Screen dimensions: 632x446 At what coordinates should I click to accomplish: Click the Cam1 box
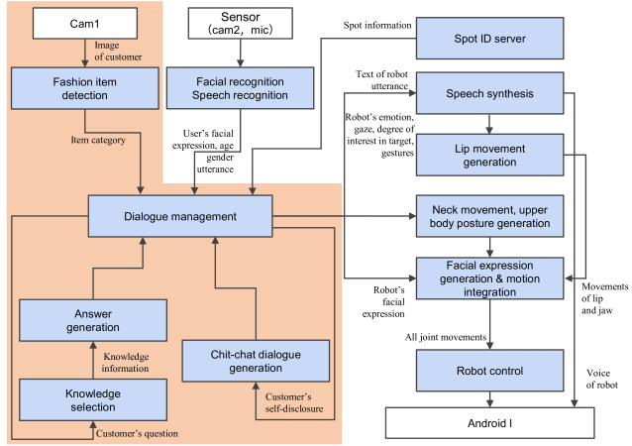point(84,24)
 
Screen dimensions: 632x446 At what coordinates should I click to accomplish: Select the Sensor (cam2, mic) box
point(241,24)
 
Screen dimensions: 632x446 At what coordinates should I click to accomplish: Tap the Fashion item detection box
point(84,88)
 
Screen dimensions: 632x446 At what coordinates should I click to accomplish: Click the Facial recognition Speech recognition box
point(241,88)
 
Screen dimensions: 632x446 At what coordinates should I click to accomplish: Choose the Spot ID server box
point(489,39)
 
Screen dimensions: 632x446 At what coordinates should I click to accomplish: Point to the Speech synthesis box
point(489,93)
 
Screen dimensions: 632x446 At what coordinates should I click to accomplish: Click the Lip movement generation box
point(489,156)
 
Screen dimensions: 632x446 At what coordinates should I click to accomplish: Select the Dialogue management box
point(180,216)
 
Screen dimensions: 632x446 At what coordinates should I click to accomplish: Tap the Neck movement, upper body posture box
point(489,216)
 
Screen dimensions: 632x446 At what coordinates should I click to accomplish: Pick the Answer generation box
point(93,320)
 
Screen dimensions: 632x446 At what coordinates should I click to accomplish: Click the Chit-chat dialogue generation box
point(256,361)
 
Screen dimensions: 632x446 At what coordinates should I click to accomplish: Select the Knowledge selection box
point(93,400)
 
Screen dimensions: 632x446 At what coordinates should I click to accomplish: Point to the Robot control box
point(489,371)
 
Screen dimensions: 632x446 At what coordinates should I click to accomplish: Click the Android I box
point(489,423)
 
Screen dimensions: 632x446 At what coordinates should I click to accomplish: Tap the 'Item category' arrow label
point(98,140)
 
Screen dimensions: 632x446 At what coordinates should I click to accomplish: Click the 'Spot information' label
point(377,25)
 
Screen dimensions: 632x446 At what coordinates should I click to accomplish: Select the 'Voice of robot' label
point(601,379)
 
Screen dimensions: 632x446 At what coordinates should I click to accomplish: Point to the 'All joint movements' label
point(446,337)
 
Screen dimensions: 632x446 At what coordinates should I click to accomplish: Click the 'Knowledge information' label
point(126,362)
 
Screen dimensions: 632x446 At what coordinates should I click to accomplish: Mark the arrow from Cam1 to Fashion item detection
point(84,54)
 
